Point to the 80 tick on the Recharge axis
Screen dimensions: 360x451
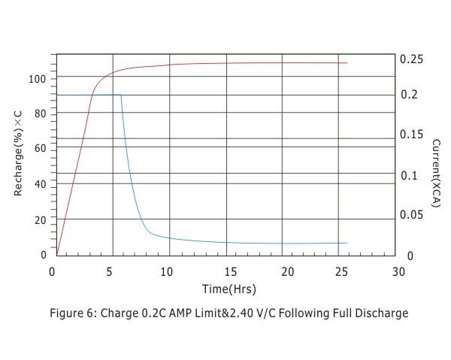coord(41,113)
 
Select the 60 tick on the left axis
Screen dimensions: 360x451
coord(41,149)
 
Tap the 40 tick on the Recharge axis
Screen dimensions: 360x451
coord(41,184)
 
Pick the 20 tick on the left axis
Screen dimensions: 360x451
coord(41,219)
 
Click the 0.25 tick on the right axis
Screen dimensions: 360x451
coord(411,59)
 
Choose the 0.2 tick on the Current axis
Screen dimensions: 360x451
coord(407,95)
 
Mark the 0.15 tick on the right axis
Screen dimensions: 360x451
coord(411,135)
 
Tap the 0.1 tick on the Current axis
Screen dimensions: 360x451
coord(407,175)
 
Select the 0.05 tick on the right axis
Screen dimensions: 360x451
coord(411,215)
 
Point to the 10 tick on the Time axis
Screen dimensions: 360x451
coord(169,271)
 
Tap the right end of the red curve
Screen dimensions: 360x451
coord(347,63)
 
